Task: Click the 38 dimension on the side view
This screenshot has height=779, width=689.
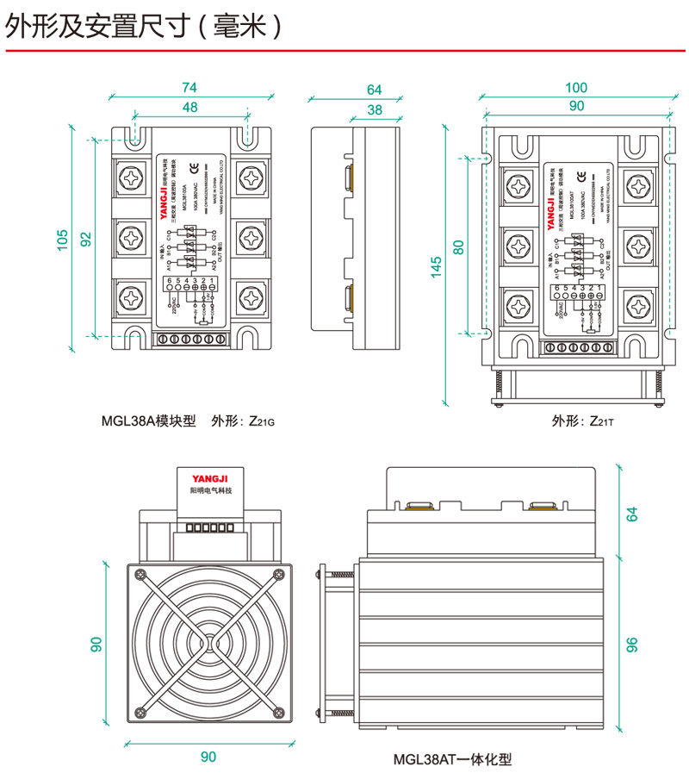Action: coord(374,109)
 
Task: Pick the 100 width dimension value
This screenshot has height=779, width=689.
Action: coord(575,87)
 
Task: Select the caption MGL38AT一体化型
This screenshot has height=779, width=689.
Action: coord(452,760)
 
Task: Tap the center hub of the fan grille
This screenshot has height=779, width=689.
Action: coord(208,643)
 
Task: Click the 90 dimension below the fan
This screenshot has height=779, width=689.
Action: coord(208,757)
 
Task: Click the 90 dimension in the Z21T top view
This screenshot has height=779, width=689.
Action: coord(575,106)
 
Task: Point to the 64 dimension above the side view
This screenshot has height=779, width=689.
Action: coord(374,90)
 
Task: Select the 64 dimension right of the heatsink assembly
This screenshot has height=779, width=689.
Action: coord(631,514)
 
